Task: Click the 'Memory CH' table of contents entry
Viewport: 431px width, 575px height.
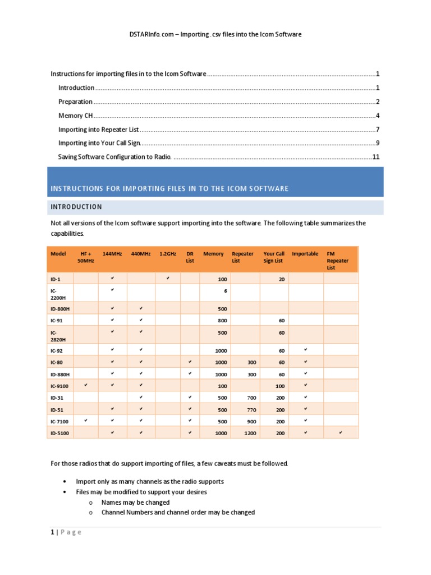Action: [x=75, y=116]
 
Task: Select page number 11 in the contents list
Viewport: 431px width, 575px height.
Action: [x=376, y=157]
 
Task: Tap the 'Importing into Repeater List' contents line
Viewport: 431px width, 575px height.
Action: [x=98, y=130]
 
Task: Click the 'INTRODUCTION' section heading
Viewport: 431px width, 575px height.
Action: [x=76, y=207]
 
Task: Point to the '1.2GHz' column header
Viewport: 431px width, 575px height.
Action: [x=168, y=254]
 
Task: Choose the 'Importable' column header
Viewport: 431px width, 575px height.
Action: [x=305, y=254]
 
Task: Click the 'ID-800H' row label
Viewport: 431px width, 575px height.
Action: [x=61, y=308]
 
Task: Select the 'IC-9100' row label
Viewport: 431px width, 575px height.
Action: [x=60, y=386]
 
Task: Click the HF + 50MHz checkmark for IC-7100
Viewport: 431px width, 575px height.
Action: [x=86, y=421]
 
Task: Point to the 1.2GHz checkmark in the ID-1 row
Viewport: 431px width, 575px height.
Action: [x=168, y=278]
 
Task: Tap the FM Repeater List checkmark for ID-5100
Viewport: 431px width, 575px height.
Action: [x=341, y=432]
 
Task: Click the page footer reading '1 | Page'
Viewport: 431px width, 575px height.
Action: [x=66, y=532]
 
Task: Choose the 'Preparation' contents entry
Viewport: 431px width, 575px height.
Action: [x=76, y=102]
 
